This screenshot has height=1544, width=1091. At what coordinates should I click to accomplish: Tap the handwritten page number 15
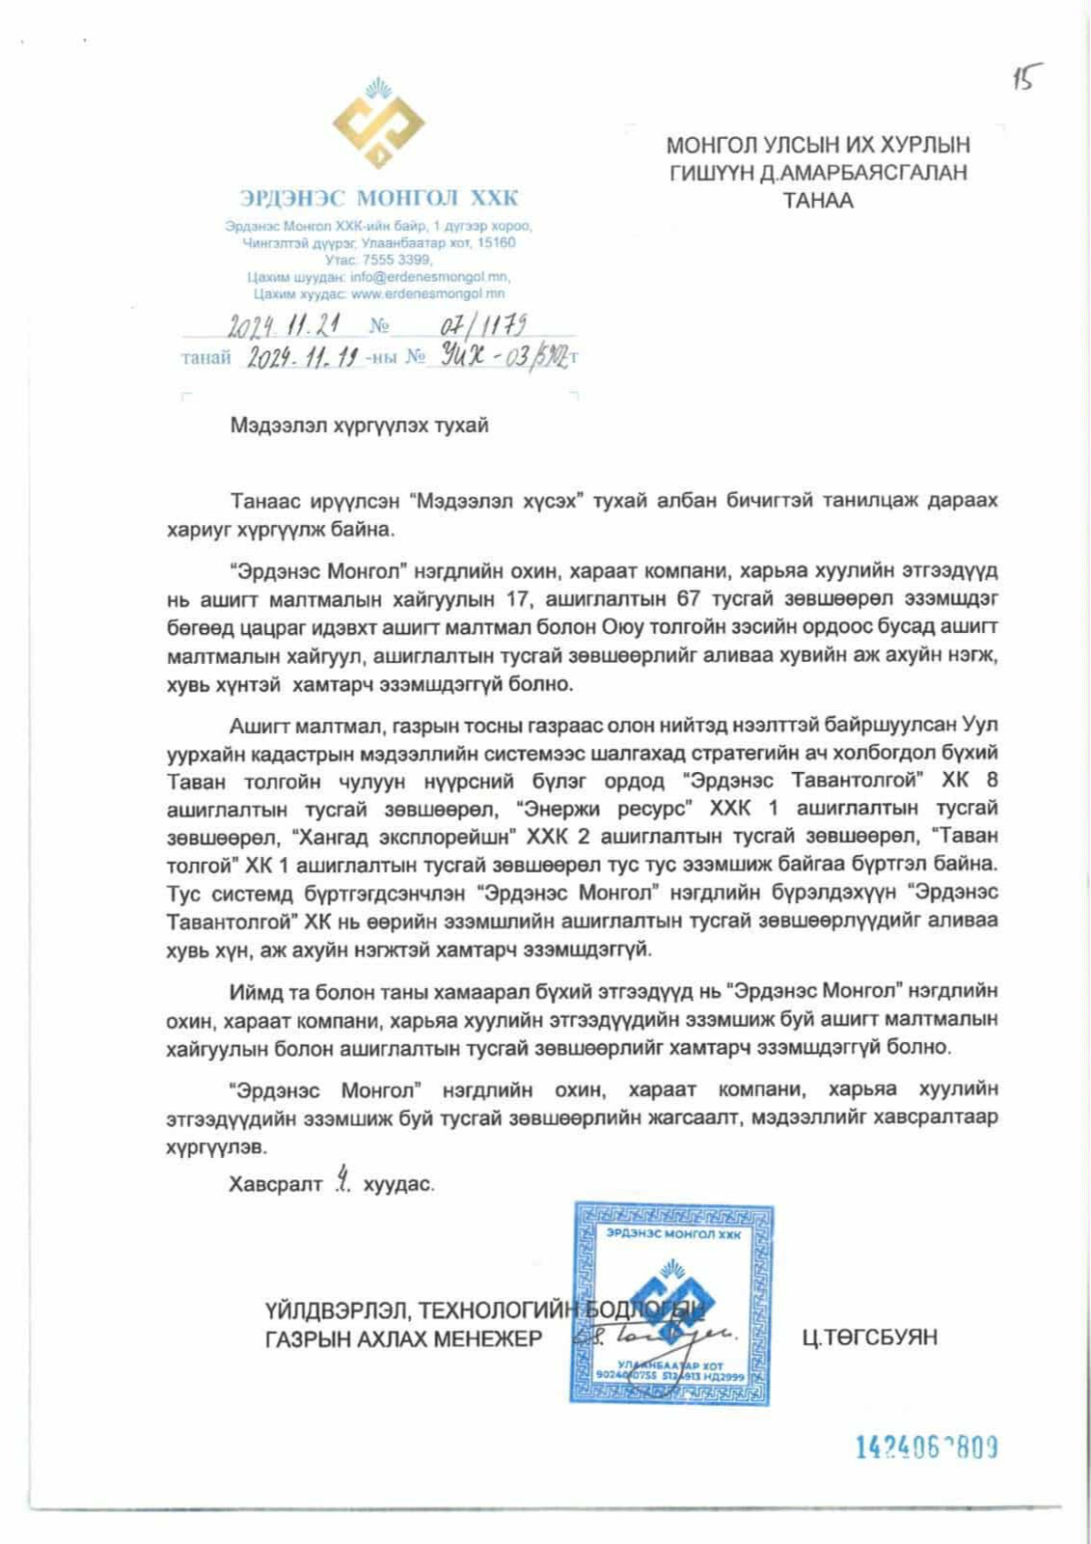pyautogui.click(x=1026, y=77)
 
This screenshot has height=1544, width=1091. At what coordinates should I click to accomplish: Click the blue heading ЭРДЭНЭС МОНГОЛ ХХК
pyautogui.click(x=378, y=199)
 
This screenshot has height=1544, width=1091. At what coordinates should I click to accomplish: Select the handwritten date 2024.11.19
pyautogui.click(x=304, y=357)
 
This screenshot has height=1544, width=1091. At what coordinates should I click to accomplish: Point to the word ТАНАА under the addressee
pyautogui.click(x=818, y=201)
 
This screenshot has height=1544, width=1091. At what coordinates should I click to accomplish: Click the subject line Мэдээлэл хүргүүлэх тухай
pyautogui.click(x=359, y=426)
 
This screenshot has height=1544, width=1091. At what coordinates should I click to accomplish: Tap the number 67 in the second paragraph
pyautogui.click(x=689, y=599)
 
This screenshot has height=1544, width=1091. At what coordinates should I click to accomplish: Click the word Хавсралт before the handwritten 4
pyautogui.click(x=275, y=1184)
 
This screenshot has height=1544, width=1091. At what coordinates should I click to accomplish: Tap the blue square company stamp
pyautogui.click(x=672, y=1303)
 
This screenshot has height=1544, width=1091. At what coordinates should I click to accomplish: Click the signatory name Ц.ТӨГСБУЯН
pyautogui.click(x=869, y=1337)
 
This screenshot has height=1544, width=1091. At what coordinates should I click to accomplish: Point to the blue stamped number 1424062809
pyautogui.click(x=926, y=1447)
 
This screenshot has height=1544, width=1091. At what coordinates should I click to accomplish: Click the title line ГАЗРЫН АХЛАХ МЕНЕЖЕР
pyautogui.click(x=403, y=1338)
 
